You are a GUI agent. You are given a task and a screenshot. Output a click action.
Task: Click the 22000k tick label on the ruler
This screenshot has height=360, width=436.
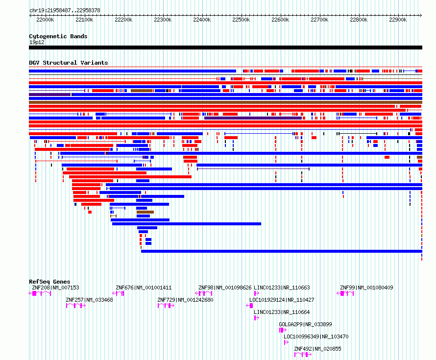(45, 20)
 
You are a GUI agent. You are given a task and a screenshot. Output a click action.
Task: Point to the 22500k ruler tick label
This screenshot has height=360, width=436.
(241, 20)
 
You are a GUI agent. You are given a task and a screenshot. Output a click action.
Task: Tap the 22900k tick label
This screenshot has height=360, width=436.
(398, 20)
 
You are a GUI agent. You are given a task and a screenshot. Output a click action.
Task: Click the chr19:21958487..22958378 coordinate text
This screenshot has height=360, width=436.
(65, 10)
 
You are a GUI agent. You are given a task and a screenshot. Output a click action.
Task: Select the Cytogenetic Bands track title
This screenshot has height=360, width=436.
(58, 36)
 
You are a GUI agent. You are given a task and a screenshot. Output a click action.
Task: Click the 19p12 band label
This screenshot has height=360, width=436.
(37, 42)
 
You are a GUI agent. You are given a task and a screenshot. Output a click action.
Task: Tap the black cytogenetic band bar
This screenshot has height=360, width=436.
(225, 48)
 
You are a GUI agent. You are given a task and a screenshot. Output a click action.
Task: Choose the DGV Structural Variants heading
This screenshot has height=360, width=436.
(69, 63)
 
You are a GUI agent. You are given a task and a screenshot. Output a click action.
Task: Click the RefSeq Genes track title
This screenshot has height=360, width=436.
(49, 282)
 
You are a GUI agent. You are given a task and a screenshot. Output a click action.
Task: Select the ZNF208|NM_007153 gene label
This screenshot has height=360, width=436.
(55, 288)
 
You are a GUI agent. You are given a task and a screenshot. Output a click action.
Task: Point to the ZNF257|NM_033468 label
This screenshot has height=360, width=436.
(90, 300)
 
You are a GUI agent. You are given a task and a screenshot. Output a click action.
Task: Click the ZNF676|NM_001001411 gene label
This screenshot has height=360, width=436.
(144, 288)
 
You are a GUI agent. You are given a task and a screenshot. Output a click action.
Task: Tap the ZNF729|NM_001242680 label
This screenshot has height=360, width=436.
(185, 300)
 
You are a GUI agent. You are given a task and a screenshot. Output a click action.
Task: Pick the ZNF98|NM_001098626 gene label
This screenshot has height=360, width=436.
(225, 288)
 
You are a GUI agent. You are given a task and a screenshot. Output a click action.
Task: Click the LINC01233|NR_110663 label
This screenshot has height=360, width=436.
(282, 288)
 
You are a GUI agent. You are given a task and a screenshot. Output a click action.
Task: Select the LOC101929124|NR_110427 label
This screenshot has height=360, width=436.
(282, 300)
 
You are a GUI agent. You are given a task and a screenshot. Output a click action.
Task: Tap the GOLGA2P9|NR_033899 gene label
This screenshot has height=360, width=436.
(305, 324)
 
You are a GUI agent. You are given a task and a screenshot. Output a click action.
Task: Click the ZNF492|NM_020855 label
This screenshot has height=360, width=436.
(317, 349)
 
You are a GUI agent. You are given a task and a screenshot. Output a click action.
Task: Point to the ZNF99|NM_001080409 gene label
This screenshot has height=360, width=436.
(366, 288)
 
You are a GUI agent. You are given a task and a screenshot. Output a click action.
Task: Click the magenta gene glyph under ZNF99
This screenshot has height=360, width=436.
(345, 293)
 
